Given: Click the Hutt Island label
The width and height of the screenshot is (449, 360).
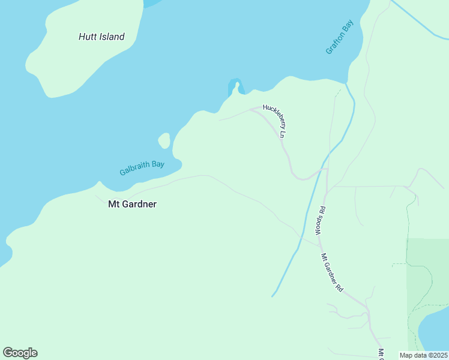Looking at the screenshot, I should click(x=101, y=37).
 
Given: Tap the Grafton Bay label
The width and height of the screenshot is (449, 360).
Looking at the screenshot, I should click(x=340, y=37).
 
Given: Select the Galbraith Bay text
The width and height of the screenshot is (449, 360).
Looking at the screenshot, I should click(x=142, y=166).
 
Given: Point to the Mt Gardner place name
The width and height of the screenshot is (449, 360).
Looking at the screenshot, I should click(x=132, y=204).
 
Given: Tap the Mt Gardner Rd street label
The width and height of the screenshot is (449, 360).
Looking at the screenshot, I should click(x=331, y=272).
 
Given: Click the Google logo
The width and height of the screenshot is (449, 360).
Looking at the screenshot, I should click(x=20, y=353).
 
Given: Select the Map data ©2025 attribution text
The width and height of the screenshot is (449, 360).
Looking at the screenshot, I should click(x=424, y=355).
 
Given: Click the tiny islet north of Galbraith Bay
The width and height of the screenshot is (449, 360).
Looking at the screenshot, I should click(x=164, y=141).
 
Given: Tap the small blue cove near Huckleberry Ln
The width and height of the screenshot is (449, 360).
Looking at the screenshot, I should click(x=234, y=86).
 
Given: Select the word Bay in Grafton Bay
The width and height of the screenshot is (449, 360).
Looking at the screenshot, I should click(x=348, y=26).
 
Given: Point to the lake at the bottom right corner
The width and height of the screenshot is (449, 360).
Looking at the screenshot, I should click(x=435, y=333).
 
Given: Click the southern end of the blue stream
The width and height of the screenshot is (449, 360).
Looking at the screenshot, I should click(x=273, y=295).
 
